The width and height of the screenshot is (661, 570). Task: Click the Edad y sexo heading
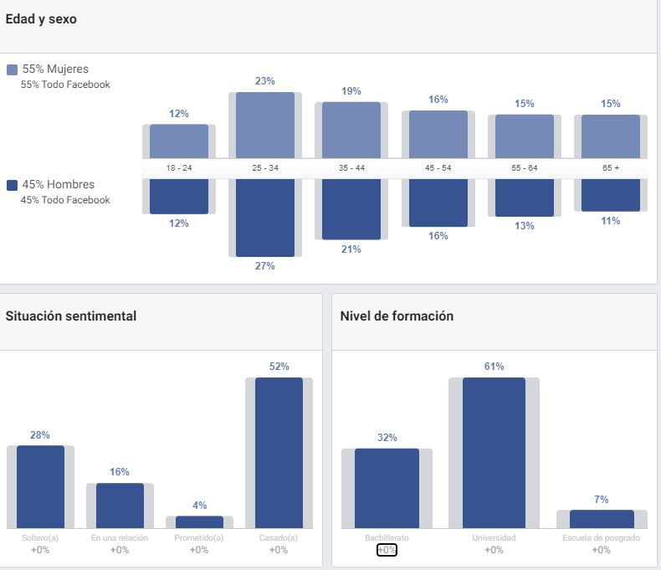tap(41, 19)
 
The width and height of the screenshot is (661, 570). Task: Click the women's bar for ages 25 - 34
tap(265, 125)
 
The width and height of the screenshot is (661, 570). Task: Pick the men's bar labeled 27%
tap(265, 217)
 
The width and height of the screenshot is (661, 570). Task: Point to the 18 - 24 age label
tap(179, 168)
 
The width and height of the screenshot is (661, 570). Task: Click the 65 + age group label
tap(611, 168)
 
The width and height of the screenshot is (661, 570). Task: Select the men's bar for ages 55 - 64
tap(525, 197)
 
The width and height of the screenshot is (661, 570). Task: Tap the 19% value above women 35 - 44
tap(351, 91)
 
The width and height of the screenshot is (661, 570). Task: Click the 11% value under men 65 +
tap(611, 221)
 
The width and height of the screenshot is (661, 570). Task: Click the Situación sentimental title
tap(71, 316)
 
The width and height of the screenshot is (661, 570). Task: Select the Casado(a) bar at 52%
tap(279, 453)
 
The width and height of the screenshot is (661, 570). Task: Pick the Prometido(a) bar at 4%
tap(199, 521)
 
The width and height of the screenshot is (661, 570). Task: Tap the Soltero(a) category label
tap(40, 538)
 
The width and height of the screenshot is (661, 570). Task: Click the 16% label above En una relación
tap(120, 472)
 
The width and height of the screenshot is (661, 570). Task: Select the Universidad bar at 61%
tap(494, 453)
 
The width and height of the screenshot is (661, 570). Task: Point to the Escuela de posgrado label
tap(601, 538)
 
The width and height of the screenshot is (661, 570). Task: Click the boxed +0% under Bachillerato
tap(387, 550)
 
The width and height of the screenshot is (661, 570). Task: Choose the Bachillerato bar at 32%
tap(387, 488)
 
